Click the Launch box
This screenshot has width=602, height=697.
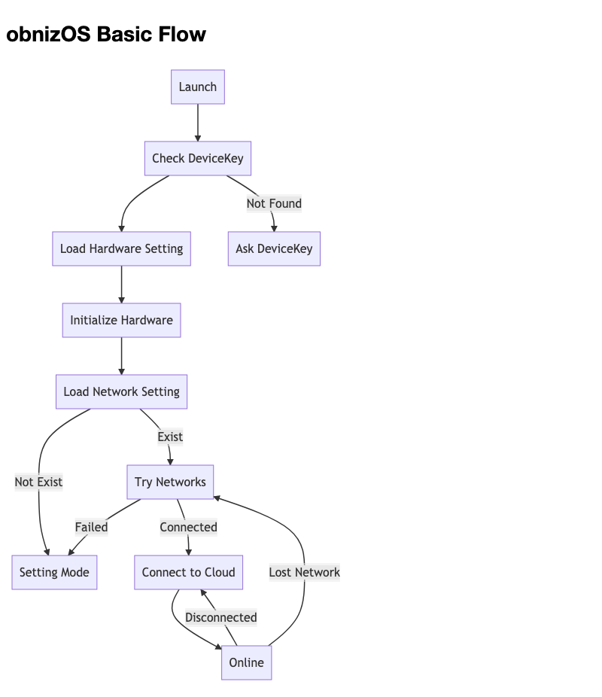coord(198,87)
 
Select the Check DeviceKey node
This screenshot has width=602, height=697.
coord(198,158)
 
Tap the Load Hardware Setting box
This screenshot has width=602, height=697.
coord(121,248)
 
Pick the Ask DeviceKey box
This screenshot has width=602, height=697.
coord(274,248)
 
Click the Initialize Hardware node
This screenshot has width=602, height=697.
coord(121,320)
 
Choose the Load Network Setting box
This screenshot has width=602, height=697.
coord(121,391)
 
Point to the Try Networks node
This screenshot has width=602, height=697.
coord(170,482)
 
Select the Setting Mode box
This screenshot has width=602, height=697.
coord(54,572)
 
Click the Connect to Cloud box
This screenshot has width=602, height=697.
coord(188,572)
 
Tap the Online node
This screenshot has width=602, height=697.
coord(246,662)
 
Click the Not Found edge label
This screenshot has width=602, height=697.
coord(274,203)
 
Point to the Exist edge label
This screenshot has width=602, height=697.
coord(170,437)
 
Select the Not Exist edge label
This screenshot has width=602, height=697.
coord(38,482)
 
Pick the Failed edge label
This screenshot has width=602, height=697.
coord(91,527)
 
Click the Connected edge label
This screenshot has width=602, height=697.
coord(188,527)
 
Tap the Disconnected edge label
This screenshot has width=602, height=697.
coord(220,617)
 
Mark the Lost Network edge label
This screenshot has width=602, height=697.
coord(304,572)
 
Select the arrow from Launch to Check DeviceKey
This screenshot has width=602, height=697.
coord(198,122)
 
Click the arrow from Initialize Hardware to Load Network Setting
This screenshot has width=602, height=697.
coord(121,356)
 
